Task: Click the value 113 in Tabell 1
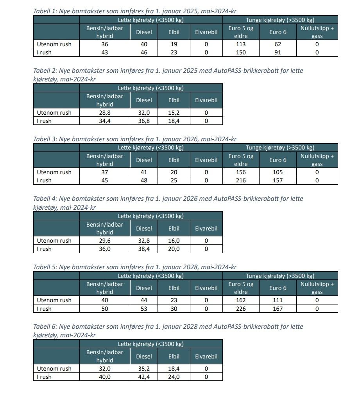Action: click(241, 44)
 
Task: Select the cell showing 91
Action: click(278, 52)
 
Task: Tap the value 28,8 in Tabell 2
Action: click(104, 113)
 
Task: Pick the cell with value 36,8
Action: click(144, 121)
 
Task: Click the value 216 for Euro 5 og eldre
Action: click(241, 180)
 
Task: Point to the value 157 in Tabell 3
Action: click(278, 180)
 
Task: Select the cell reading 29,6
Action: click(104, 241)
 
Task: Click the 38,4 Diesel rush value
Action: click(144, 249)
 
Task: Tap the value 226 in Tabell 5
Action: click(241, 309)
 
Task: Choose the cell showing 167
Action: click(278, 309)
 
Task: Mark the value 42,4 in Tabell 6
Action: click(144, 377)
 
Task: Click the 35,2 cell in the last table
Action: click(144, 369)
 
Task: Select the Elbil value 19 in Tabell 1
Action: click(174, 44)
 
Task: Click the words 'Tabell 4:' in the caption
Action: click(45, 199)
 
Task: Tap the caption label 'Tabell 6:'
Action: click(45, 327)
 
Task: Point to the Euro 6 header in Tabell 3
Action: click(278, 160)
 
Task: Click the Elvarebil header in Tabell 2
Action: click(206, 100)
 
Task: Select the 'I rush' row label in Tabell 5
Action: click(44, 309)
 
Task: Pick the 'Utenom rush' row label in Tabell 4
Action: click(54, 241)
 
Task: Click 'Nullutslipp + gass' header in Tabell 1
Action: click(317, 32)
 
